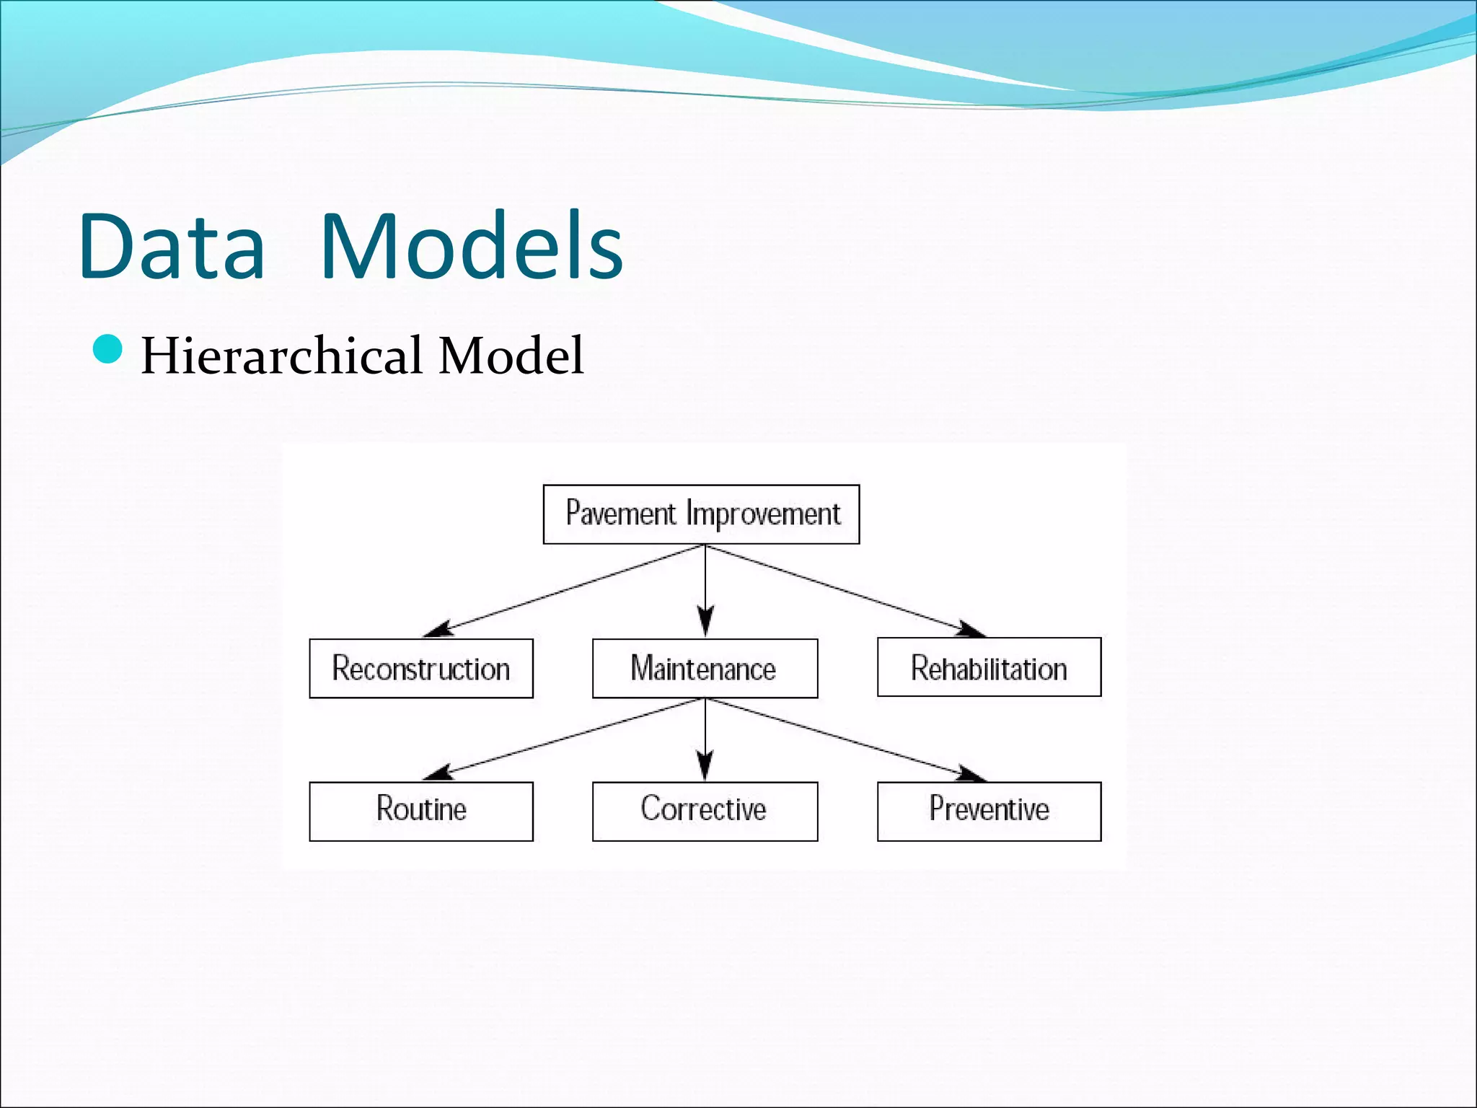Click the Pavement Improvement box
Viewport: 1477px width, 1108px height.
[x=701, y=514]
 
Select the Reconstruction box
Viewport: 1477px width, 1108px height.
[x=421, y=668]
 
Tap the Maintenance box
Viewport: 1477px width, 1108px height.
[x=705, y=668]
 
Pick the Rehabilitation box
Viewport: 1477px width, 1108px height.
[x=989, y=667]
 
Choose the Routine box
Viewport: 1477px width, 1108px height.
[x=421, y=811]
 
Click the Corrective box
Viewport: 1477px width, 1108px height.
[x=705, y=811]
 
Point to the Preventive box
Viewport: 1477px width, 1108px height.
[x=989, y=811]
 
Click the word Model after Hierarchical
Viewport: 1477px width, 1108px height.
[x=511, y=356]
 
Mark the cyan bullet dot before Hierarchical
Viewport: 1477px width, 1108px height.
[x=108, y=350]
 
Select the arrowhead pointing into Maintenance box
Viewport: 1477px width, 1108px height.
[x=705, y=622]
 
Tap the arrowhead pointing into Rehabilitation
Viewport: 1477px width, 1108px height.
[x=970, y=629]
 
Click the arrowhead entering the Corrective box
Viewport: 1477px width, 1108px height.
[x=705, y=766]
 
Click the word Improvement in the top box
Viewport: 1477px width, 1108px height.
[x=763, y=514]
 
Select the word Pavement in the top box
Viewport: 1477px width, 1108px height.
[x=621, y=514]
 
